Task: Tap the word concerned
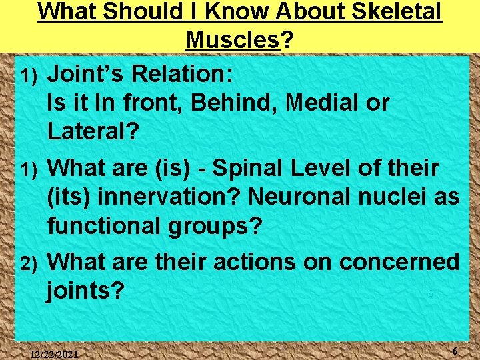[x=399, y=262]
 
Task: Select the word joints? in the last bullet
[x=86, y=291]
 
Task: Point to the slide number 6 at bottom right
[x=454, y=351]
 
